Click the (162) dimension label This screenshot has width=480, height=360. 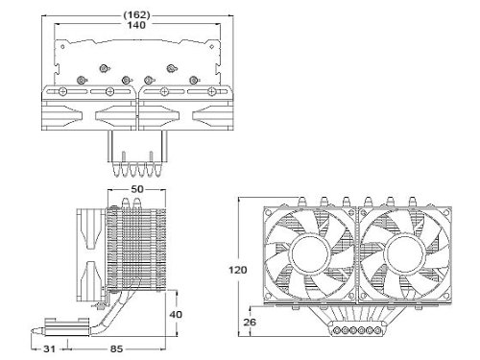(x=136, y=15)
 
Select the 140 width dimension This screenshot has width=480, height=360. (x=136, y=25)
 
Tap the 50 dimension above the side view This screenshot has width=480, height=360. (x=137, y=189)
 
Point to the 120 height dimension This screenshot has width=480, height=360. (x=238, y=270)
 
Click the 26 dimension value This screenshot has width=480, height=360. (x=250, y=322)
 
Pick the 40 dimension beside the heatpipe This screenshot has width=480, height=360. (x=176, y=314)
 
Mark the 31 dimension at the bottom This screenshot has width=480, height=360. (x=49, y=348)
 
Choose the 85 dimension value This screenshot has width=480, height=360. (x=116, y=348)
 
